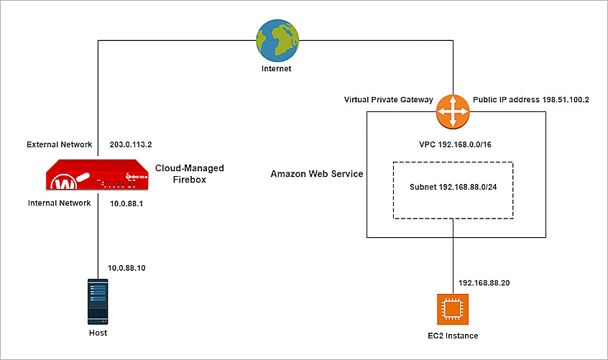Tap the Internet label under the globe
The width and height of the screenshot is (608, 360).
coord(277,69)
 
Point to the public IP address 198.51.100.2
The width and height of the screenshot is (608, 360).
coord(531,100)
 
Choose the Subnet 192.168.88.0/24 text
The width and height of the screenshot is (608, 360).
coord(453,190)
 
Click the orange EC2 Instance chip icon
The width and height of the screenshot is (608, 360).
coord(453,309)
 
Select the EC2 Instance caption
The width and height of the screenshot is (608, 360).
coord(453,336)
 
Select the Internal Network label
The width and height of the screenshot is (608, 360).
coord(59,203)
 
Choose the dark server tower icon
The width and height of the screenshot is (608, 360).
coord(97,302)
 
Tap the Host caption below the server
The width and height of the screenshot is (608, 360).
coord(97,333)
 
